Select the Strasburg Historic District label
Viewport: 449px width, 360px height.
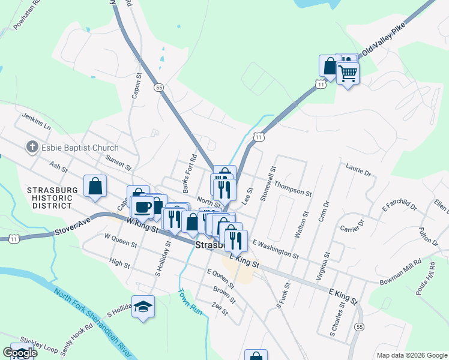tap(53, 198)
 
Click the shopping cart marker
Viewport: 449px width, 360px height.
tap(348, 74)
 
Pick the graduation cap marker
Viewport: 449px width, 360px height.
tap(143, 307)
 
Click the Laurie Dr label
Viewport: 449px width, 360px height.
tap(358, 169)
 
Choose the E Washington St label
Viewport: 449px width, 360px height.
tap(276, 249)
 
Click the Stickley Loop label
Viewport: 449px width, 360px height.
tap(38, 344)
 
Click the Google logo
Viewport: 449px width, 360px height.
tap(20, 353)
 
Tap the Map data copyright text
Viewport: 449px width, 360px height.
tap(411, 355)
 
